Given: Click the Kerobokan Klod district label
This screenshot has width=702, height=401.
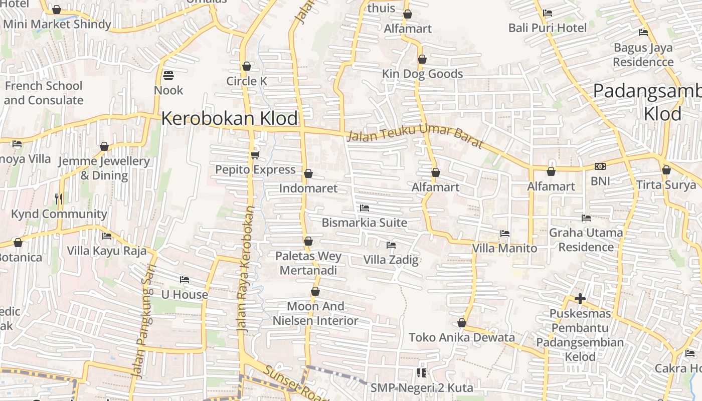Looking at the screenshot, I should [229, 119].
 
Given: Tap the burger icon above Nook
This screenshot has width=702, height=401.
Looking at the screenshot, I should [168, 76].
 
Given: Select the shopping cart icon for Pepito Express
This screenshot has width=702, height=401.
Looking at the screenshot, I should [255, 155].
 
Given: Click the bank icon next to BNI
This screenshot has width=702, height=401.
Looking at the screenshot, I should [600, 166].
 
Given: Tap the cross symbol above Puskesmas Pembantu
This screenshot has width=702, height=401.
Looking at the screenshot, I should [580, 299].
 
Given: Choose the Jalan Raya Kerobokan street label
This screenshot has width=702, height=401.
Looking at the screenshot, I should [245, 268].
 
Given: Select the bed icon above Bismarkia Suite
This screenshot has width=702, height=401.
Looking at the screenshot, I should [365, 208].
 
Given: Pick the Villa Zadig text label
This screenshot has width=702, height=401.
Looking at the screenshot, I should [391, 260].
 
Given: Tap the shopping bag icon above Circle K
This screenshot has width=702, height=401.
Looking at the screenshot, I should [247, 66].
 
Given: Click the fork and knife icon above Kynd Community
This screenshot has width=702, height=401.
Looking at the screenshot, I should [59, 199].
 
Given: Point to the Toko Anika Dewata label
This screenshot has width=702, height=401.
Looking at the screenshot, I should [462, 337].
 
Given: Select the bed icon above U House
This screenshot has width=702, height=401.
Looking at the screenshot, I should [185, 280].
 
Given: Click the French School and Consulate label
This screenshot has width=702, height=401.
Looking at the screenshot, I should [44, 93].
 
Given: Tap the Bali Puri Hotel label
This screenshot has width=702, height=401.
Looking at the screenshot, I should [547, 28].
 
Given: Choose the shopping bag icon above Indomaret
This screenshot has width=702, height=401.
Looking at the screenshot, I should [308, 174].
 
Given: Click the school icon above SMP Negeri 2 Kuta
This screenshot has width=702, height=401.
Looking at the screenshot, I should [422, 373].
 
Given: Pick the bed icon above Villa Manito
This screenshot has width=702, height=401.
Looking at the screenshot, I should [505, 234].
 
